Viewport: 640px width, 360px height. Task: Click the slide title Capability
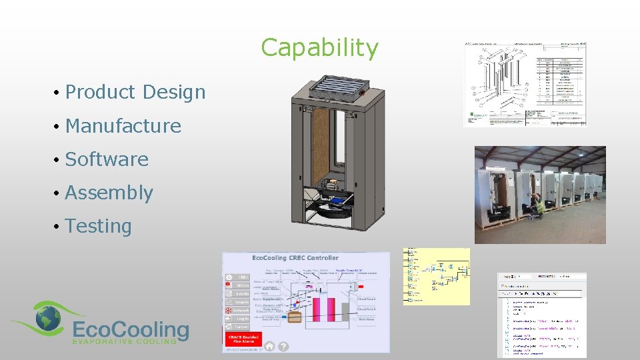tap(319, 48)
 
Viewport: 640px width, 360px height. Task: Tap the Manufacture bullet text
tap(123, 125)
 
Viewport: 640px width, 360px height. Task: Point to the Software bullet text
tap(107, 159)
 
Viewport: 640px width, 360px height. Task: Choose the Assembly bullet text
tap(109, 193)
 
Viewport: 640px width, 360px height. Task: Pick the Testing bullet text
tap(99, 226)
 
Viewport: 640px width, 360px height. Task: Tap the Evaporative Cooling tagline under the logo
tap(124, 341)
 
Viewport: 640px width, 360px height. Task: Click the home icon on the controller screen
tap(269, 346)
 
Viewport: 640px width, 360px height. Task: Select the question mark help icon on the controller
tap(283, 346)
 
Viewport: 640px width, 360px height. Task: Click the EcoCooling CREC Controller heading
tap(295, 257)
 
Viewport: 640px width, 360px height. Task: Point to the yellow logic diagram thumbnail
tap(436, 276)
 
